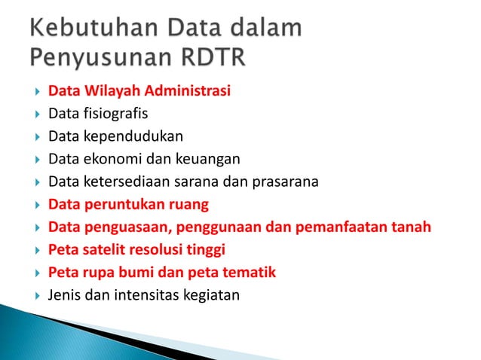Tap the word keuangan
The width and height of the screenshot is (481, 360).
(x=213, y=159)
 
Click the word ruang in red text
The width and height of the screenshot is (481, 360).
(x=189, y=204)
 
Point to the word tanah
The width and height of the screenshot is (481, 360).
(x=412, y=227)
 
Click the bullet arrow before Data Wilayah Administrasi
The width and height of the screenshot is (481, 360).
(x=35, y=93)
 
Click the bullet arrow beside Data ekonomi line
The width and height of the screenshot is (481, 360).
(x=35, y=160)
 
